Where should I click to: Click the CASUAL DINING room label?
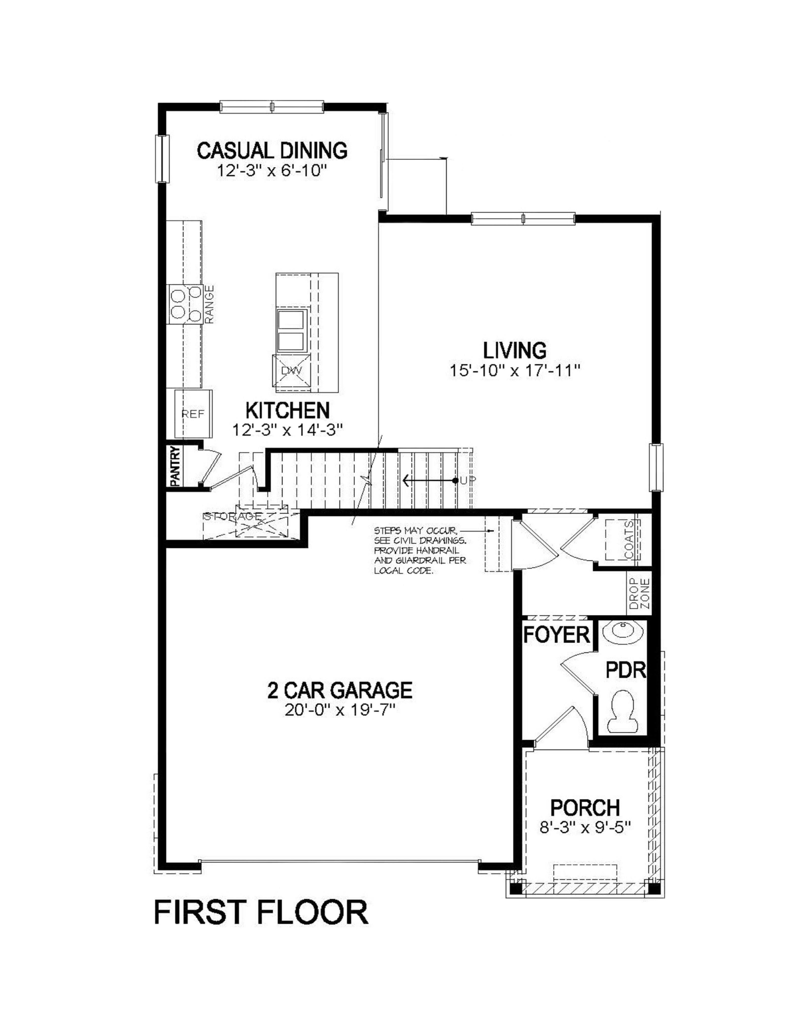pyautogui.click(x=272, y=151)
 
